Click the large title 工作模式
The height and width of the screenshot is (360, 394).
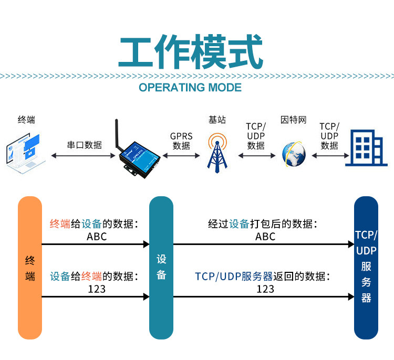click(191, 52)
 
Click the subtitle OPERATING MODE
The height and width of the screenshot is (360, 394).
click(190, 87)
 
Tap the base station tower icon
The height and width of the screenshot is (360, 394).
click(217, 153)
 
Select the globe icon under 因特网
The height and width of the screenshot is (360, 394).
click(294, 154)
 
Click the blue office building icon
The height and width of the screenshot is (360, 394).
click(366, 148)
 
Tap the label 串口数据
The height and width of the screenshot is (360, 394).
click(85, 145)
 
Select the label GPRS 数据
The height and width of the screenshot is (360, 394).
click(181, 141)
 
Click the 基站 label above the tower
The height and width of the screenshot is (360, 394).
click(217, 120)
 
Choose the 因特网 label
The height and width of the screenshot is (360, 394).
click(294, 120)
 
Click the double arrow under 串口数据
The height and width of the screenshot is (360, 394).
click(83, 156)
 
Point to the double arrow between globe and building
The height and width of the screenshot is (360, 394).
click(330, 156)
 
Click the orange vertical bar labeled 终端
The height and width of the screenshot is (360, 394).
click(30, 268)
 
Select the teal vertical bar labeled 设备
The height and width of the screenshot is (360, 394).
click(161, 268)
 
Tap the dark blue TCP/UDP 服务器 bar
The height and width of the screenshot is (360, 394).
click(366, 268)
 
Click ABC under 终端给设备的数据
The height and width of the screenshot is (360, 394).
click(97, 237)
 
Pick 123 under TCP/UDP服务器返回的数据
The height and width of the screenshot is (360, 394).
click(265, 289)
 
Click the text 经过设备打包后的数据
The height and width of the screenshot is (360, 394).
click(263, 224)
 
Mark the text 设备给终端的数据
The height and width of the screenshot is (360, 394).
click(94, 277)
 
